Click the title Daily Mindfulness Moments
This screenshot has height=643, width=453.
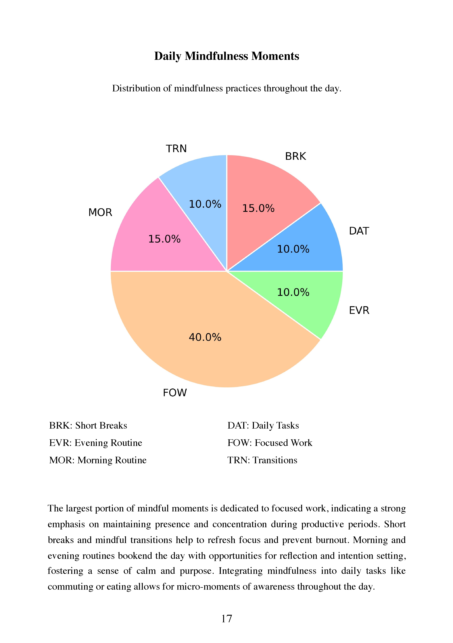point(226,56)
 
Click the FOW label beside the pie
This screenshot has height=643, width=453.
point(175,393)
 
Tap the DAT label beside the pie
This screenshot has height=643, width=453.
point(359,231)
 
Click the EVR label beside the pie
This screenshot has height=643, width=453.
point(359,310)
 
